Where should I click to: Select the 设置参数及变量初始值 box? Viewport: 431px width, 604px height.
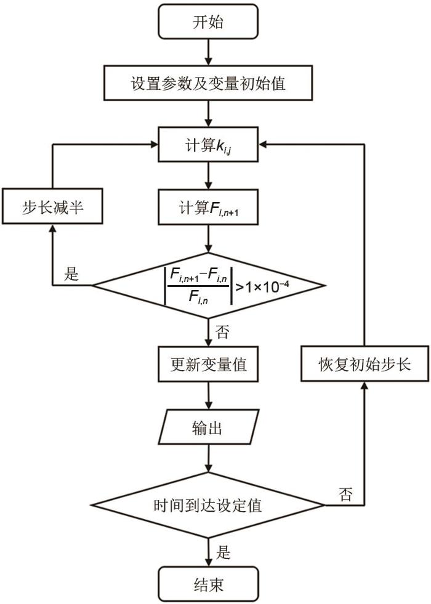209,83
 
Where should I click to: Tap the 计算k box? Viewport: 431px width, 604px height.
209,146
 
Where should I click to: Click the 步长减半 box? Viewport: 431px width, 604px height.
52,209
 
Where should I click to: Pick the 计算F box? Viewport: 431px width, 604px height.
209,209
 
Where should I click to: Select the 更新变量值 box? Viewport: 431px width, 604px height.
209,364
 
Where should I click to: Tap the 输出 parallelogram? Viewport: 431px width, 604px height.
209,427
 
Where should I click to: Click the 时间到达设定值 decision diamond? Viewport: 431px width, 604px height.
209,505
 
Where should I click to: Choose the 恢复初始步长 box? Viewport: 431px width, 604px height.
365,364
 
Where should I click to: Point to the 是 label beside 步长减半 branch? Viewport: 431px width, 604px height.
72,274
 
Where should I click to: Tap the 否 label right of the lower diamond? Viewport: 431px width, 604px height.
346,494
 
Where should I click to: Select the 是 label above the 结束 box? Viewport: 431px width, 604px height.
224,551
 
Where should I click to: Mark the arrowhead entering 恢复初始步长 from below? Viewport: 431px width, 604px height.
365,385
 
